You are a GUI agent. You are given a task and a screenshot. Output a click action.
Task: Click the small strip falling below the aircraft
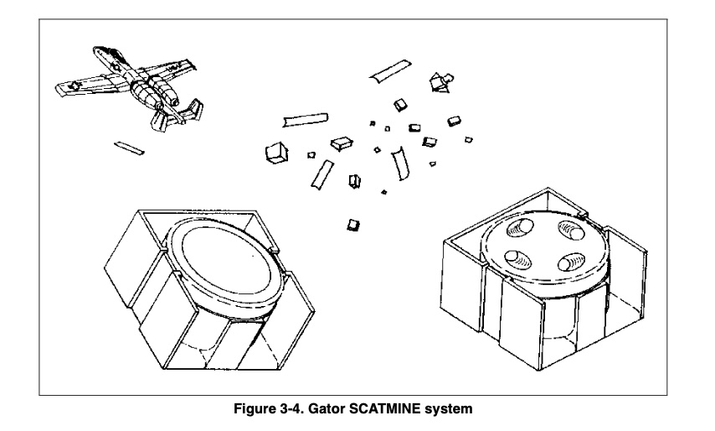(129, 148)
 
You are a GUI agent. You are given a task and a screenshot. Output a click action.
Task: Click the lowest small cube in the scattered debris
(353, 224)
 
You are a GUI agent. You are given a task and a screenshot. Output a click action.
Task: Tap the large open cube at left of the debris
(275, 153)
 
